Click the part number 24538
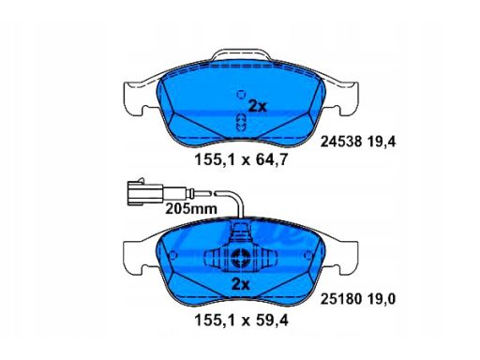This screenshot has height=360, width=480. [x=341, y=142]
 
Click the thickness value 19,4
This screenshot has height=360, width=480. [x=382, y=142]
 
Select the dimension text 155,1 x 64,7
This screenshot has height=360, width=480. [x=241, y=160]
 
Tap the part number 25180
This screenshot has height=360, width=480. [x=341, y=299]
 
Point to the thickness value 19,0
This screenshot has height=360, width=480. [x=382, y=299]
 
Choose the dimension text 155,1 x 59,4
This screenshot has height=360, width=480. [x=241, y=321]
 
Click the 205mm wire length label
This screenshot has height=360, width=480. [x=191, y=209]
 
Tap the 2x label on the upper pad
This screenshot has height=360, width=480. [x=258, y=107]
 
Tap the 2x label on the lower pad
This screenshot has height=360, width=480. [x=241, y=285]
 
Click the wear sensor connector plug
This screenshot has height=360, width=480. [x=145, y=194]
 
